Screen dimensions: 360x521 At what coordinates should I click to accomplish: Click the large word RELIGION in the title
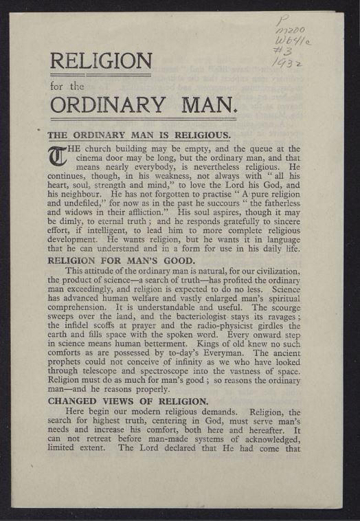tap(100, 63)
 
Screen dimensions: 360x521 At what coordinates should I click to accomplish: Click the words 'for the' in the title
tap(67, 87)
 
